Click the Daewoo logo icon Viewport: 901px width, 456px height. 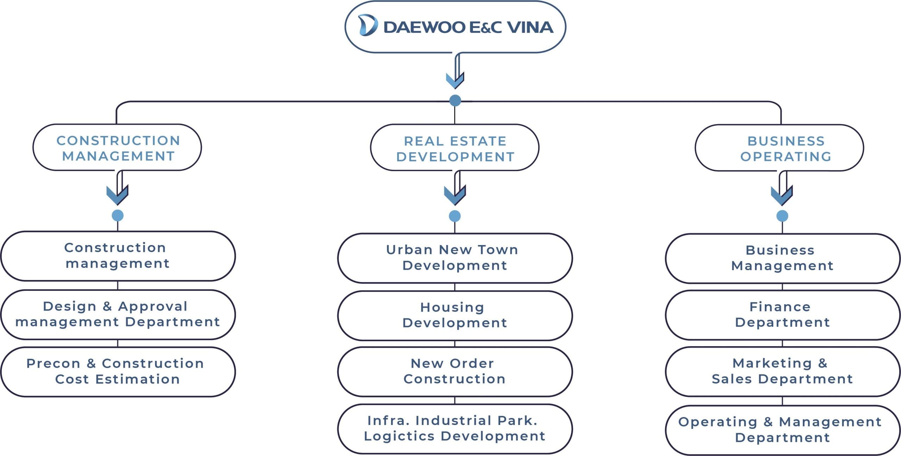click(368, 25)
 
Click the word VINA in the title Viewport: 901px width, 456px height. click(530, 27)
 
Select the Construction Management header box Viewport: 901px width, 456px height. click(117, 148)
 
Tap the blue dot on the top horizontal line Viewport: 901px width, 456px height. click(455, 101)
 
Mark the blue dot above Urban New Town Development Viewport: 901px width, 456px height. click(455, 216)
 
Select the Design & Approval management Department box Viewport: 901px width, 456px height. click(118, 315)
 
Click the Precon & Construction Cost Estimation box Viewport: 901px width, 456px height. click(118, 372)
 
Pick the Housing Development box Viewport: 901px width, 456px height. click(455, 316)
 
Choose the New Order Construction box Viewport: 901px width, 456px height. click(455, 372)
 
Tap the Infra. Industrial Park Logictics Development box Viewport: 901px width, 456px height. click(455, 429)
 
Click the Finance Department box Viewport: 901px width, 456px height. click(782, 315)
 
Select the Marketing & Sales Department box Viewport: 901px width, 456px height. click(782, 372)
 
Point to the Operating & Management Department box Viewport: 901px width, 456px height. click(782, 430)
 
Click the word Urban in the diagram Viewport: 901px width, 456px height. click(409, 250)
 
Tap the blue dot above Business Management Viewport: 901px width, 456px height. click(782, 216)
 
